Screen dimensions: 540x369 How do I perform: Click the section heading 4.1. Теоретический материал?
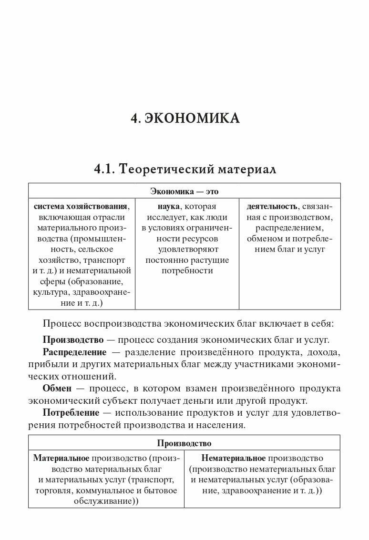tap(185, 169)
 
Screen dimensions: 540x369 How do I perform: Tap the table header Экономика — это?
tap(184, 191)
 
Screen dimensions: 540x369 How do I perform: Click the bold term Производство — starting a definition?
tap(73, 340)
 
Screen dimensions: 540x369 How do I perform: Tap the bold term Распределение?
tap(74, 352)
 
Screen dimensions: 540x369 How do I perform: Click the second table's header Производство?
tap(184, 443)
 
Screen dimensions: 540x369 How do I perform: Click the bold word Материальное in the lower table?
tap(61, 458)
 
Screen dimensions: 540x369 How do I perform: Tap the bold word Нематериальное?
tap(233, 458)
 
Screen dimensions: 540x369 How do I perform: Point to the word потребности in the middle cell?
tap(187, 271)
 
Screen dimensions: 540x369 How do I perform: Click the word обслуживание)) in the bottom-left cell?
tap(105, 501)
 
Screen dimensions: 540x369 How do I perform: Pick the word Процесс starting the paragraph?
tap(63, 324)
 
